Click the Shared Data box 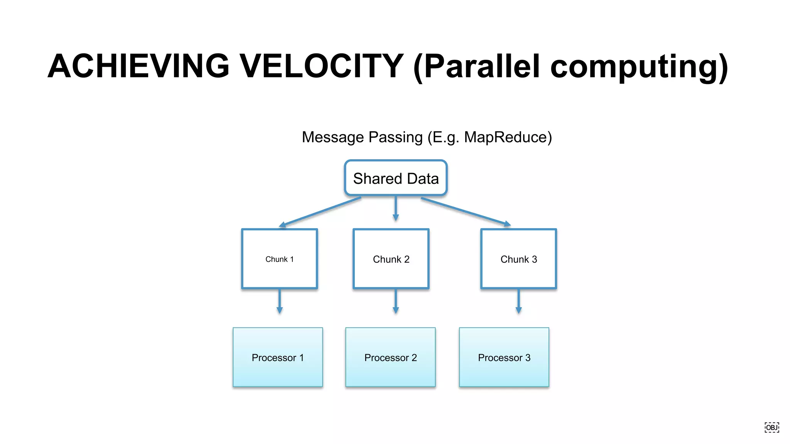pyautogui.click(x=396, y=178)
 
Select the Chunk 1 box pyautogui.click(x=280, y=259)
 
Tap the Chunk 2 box pyautogui.click(x=391, y=259)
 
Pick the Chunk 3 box pyautogui.click(x=518, y=259)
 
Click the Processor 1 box pyautogui.click(x=278, y=357)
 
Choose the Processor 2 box pyautogui.click(x=390, y=357)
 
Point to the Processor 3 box pyautogui.click(x=504, y=357)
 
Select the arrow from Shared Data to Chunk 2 pyautogui.click(x=396, y=208)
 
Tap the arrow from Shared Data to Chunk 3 pyautogui.click(x=466, y=211)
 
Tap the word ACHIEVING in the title pyautogui.click(x=139, y=66)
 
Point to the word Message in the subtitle pyautogui.click(x=333, y=138)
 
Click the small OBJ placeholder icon pyautogui.click(x=771, y=427)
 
